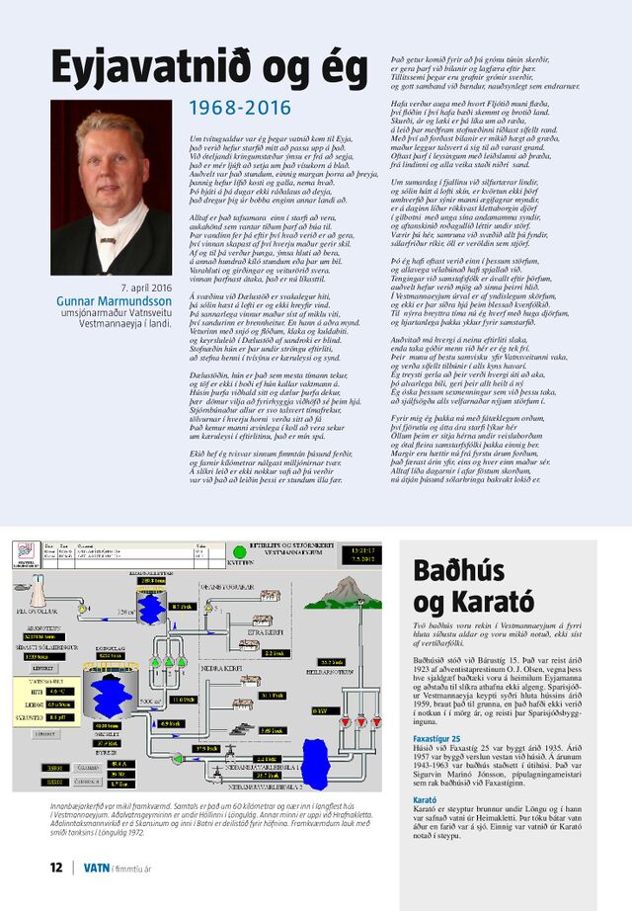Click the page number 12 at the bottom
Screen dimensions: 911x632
[x=56, y=868]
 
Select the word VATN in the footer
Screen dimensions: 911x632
[x=96, y=868]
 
